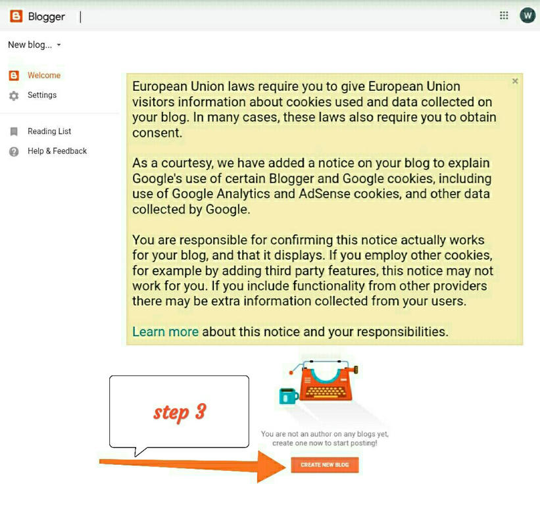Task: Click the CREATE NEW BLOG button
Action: point(325,465)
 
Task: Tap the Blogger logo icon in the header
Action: point(16,16)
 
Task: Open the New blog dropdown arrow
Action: point(59,45)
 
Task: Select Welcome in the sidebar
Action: point(44,76)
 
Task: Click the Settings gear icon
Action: point(14,96)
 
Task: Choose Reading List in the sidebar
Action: point(49,131)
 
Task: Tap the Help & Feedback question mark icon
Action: point(14,151)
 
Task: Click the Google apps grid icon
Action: point(504,16)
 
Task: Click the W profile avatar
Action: point(528,16)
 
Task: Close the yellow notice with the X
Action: point(515,81)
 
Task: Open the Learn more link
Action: point(165,332)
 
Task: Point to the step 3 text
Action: point(180,412)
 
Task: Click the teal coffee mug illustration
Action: point(288,396)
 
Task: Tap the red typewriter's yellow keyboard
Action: point(326,391)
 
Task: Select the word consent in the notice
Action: point(157,133)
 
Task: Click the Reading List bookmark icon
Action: point(14,132)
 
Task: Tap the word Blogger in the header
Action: point(47,17)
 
